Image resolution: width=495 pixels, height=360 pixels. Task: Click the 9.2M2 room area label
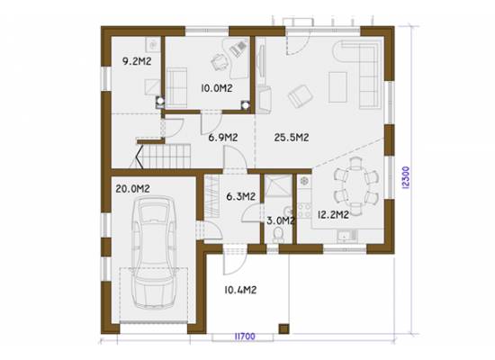137,61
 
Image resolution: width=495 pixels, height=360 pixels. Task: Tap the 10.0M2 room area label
217,88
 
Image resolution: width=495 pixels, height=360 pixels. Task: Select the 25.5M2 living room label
292,138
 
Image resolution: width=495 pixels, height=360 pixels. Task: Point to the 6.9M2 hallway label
223,138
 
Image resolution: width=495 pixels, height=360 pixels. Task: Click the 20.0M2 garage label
132,189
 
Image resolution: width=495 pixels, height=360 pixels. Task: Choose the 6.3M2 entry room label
241,196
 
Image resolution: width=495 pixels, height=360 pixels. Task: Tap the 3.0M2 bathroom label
281,220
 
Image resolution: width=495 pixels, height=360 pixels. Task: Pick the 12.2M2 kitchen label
333,215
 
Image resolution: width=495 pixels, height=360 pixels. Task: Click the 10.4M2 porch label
240,290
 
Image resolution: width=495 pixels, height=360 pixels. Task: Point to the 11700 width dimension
245,337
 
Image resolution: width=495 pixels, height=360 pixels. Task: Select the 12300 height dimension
406,177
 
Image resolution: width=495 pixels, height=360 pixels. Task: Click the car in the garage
154,253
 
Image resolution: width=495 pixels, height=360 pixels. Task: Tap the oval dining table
356,185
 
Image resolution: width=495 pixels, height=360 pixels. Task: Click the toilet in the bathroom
278,236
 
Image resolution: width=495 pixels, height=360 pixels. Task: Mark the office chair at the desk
219,62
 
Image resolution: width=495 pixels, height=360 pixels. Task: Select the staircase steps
164,156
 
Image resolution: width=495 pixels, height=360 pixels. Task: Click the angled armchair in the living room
301,96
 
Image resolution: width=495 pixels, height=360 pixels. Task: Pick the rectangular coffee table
337,87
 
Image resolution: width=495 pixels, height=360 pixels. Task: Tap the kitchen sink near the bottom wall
346,235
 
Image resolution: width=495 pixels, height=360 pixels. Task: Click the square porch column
283,328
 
